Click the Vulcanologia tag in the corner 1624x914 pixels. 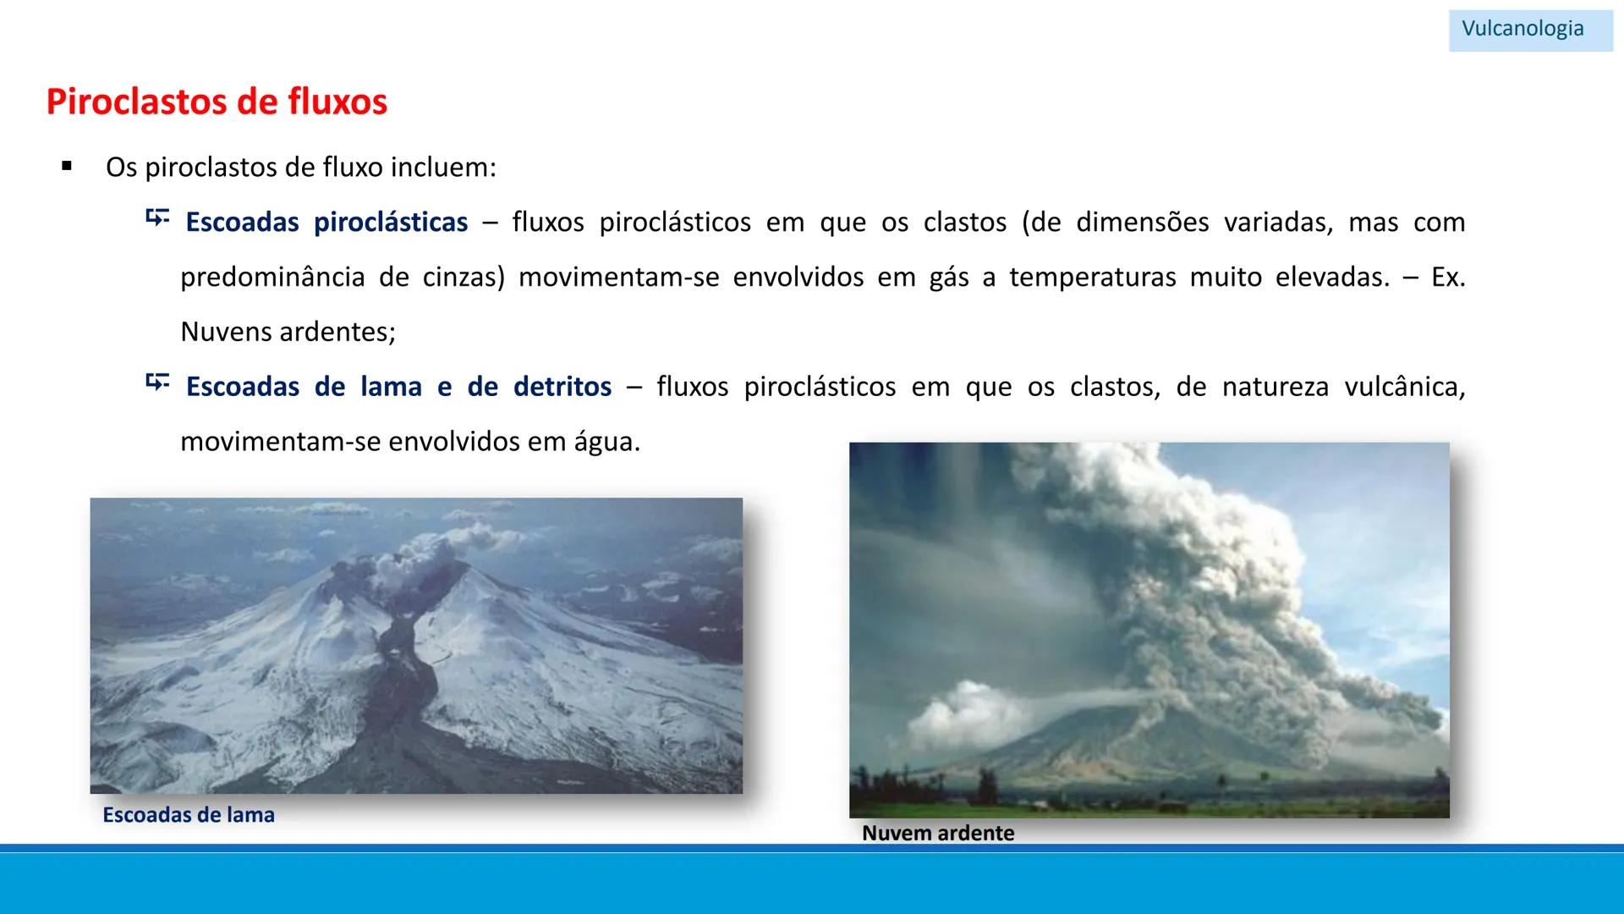[1522, 29]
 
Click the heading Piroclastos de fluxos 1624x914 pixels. [217, 102]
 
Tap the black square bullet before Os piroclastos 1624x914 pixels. [67, 167]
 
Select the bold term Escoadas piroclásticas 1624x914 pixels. [326, 222]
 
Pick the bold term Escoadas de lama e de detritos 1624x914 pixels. [398, 387]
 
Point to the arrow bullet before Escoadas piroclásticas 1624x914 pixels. [156, 219]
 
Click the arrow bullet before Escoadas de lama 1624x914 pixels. [156, 383]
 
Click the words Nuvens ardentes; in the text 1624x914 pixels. [288, 332]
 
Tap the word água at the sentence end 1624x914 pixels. [606, 442]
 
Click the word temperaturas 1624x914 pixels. [1092, 277]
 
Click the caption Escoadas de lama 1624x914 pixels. [189, 815]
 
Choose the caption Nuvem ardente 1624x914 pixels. [937, 833]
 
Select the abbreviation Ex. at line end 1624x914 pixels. [1447, 277]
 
